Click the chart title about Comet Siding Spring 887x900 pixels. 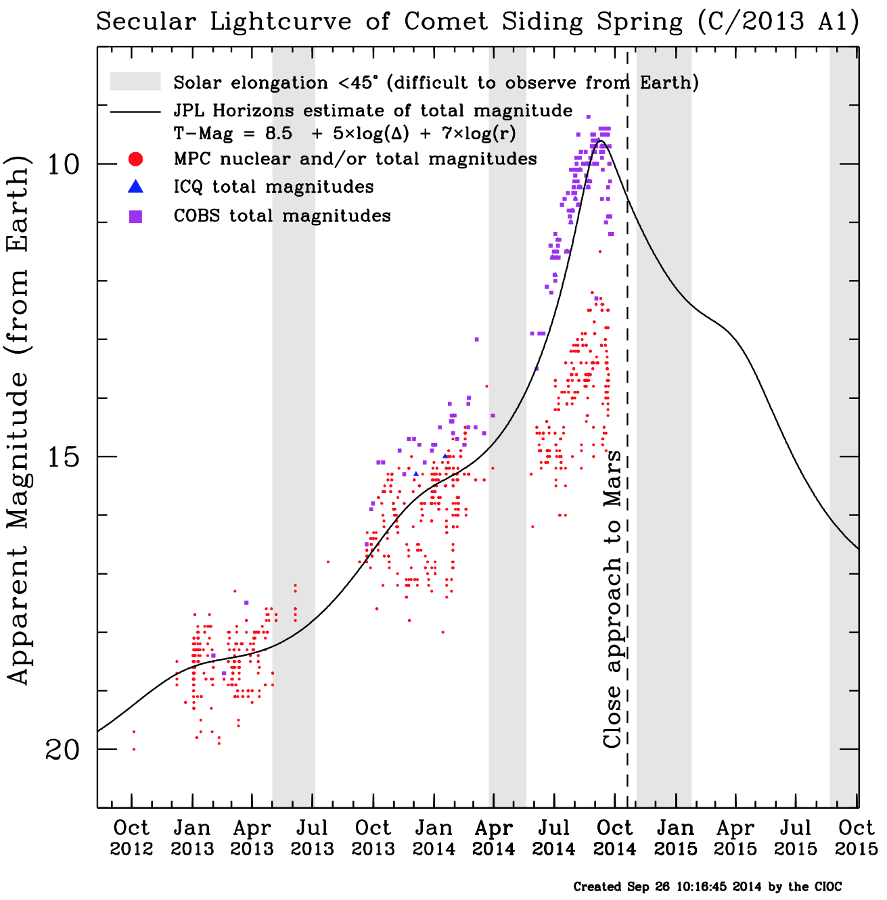(x=477, y=22)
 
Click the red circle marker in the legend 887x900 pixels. (x=135, y=160)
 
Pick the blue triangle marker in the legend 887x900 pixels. (x=135, y=187)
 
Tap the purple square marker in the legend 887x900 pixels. (x=135, y=216)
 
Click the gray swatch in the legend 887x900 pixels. (x=135, y=82)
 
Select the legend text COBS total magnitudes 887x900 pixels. (x=282, y=216)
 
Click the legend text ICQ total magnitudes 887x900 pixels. (x=273, y=187)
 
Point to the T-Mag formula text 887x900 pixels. (x=344, y=134)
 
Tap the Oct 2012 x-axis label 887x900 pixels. (x=131, y=838)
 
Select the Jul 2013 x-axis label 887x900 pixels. (x=312, y=838)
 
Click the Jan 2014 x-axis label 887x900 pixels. (x=433, y=838)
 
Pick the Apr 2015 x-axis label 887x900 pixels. (x=735, y=838)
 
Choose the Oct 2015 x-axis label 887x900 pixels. (x=856, y=838)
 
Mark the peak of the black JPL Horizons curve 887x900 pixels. (x=599, y=141)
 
